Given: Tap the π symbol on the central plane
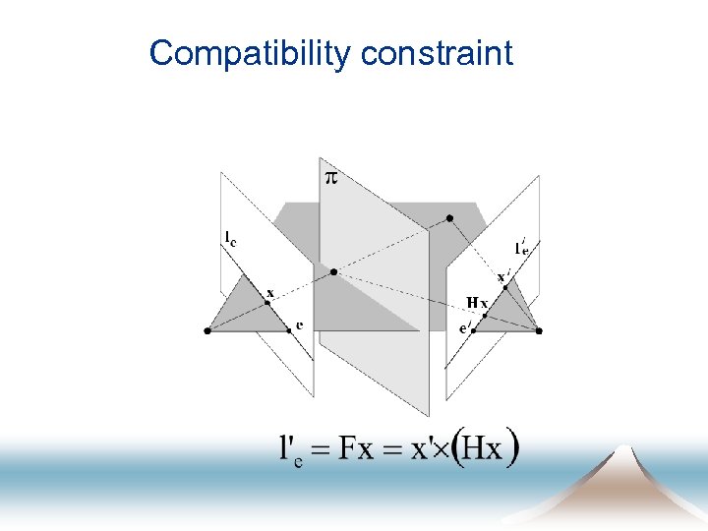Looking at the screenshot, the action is tap(331, 177).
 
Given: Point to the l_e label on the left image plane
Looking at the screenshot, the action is tap(229, 237).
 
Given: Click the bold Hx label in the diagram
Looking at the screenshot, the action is tap(476, 302).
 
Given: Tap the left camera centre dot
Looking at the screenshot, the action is tap(206, 331).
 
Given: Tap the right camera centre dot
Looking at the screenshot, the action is tap(539, 331).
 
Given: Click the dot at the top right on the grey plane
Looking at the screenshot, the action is tap(449, 217).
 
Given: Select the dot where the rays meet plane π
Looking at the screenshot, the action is tap(334, 270).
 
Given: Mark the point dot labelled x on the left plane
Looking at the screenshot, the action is tap(266, 302).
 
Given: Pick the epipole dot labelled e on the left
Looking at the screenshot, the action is tap(289, 330).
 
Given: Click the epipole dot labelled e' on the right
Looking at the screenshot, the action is tap(473, 331).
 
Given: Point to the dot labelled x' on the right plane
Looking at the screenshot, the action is tap(505, 287).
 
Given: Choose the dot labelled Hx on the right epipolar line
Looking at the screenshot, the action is tap(485, 316).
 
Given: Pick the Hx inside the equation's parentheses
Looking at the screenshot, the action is tap(482, 450).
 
